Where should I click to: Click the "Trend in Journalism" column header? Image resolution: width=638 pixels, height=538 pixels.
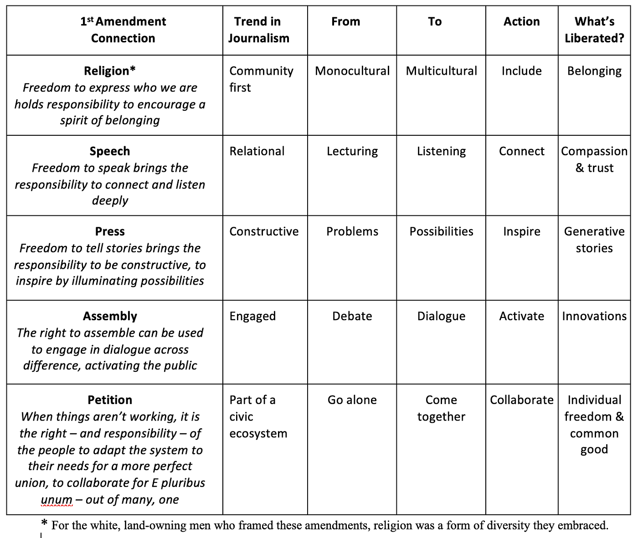pos(259,30)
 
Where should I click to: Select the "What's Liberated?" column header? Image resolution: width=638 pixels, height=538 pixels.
pos(594,30)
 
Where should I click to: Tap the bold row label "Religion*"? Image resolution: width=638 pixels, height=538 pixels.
pos(110,71)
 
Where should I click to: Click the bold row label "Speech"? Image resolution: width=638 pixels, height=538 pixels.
pos(110,151)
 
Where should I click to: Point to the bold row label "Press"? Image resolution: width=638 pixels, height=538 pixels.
pos(110,231)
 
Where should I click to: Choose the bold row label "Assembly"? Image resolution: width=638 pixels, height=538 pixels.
pos(110,316)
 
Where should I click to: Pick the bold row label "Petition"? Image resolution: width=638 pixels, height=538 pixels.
pos(110,400)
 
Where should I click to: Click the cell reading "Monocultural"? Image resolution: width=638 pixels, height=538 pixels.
pos(352,71)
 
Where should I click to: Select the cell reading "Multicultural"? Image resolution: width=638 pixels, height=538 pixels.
pos(441,71)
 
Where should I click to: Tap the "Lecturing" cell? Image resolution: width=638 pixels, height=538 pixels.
pos(352,151)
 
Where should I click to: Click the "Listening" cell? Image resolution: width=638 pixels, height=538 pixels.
pos(441,151)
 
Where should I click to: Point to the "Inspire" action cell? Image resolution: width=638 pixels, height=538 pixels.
pos(522,231)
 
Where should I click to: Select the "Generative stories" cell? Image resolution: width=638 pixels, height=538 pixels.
pos(594,240)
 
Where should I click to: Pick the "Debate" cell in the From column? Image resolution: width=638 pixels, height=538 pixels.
pos(352,316)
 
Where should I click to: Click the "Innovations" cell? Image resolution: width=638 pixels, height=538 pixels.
pos(594,316)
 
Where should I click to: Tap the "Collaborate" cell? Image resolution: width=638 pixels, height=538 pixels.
pos(522,400)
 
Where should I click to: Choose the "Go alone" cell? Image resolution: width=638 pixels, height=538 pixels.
pos(352,400)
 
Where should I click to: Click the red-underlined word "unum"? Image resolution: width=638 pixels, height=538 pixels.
pos(57,499)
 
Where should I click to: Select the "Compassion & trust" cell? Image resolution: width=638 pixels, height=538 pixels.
pos(594,159)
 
